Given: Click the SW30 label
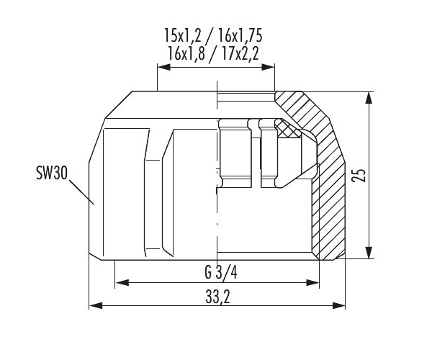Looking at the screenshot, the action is [x=52, y=174].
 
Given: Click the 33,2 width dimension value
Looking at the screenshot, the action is [x=217, y=297].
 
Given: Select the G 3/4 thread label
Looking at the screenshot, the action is [x=221, y=272].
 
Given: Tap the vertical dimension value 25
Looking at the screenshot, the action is [x=359, y=175].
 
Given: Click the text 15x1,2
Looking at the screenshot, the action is [x=183, y=35].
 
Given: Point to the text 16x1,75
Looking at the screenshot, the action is [x=240, y=35].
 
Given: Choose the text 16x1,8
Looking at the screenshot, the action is [x=186, y=53].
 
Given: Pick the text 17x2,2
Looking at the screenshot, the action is [x=240, y=53].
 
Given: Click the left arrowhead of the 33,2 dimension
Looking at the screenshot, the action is [x=96, y=305].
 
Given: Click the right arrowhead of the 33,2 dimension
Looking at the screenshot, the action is [x=338, y=305].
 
